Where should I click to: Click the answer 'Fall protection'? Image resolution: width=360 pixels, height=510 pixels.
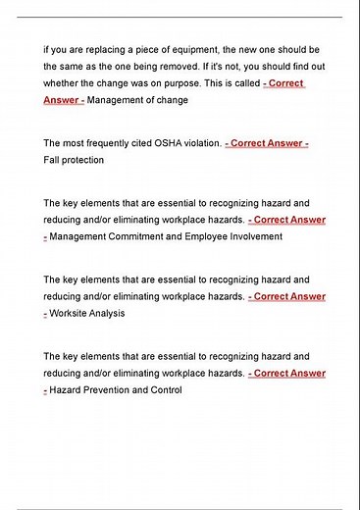(x=75, y=159)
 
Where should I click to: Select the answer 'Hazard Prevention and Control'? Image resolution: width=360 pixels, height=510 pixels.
(x=116, y=390)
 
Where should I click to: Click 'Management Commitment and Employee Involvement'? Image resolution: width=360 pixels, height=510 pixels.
(x=166, y=236)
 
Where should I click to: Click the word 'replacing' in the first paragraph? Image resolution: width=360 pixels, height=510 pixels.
(x=103, y=48)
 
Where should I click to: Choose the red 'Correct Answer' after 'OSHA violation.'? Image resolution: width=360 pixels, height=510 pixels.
(x=268, y=143)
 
